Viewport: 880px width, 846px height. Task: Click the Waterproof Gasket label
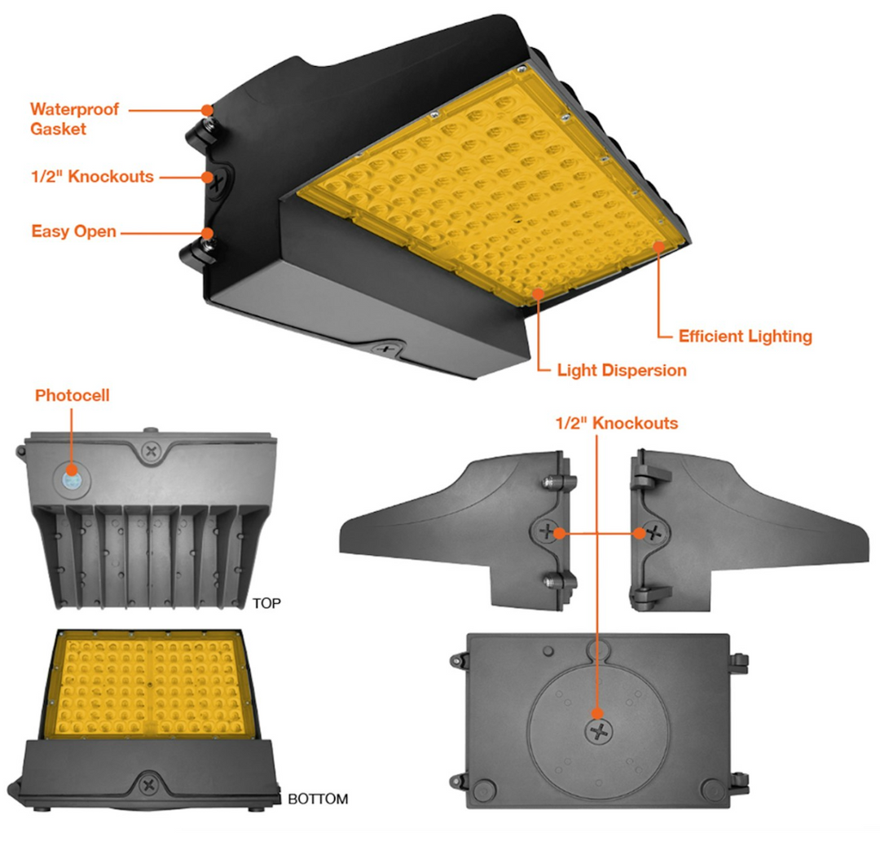coord(75,119)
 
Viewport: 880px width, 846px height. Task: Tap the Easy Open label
coord(73,231)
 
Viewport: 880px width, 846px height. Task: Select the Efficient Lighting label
coord(746,337)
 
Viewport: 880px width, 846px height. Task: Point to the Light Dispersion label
coord(622,370)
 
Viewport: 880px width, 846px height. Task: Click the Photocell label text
coord(73,395)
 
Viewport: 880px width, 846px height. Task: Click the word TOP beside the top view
coord(266,603)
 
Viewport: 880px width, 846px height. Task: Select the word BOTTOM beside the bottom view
coord(318,799)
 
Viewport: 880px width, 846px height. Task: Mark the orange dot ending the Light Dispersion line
coord(539,293)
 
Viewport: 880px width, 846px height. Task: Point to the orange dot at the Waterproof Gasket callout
coord(208,109)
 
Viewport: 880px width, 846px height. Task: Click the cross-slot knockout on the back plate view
coord(600,731)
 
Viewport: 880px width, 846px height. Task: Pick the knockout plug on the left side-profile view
coord(546,531)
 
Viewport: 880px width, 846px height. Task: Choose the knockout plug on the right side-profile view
coord(653,531)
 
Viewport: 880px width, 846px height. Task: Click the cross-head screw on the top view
coord(151,450)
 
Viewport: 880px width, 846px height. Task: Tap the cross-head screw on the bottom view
coord(149,784)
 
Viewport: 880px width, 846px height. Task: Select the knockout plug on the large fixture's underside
coord(386,349)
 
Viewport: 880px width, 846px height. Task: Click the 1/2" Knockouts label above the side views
coord(617,423)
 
